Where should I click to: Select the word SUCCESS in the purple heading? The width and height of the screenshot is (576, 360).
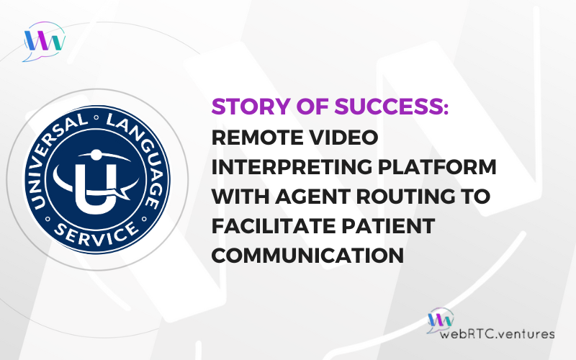[x=391, y=107]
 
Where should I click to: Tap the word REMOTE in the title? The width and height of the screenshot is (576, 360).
[x=258, y=138]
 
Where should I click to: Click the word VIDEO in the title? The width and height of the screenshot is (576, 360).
[x=343, y=138]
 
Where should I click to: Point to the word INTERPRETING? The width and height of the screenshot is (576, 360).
[x=292, y=167]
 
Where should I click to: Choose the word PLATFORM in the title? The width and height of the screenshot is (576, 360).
[x=437, y=167]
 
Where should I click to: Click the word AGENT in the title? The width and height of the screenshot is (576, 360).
[x=313, y=196]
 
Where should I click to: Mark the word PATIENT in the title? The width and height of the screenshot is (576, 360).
[x=388, y=225]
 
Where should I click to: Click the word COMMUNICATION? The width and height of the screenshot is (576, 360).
[x=308, y=255]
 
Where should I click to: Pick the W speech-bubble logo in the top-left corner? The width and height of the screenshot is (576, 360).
[x=44, y=41]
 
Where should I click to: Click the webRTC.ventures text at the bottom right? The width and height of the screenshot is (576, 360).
[x=497, y=333]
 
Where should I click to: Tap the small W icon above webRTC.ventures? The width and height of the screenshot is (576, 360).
[x=441, y=320]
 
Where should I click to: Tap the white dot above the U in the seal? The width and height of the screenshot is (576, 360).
[x=96, y=155]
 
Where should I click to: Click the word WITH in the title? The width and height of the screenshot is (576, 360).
[x=240, y=196]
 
